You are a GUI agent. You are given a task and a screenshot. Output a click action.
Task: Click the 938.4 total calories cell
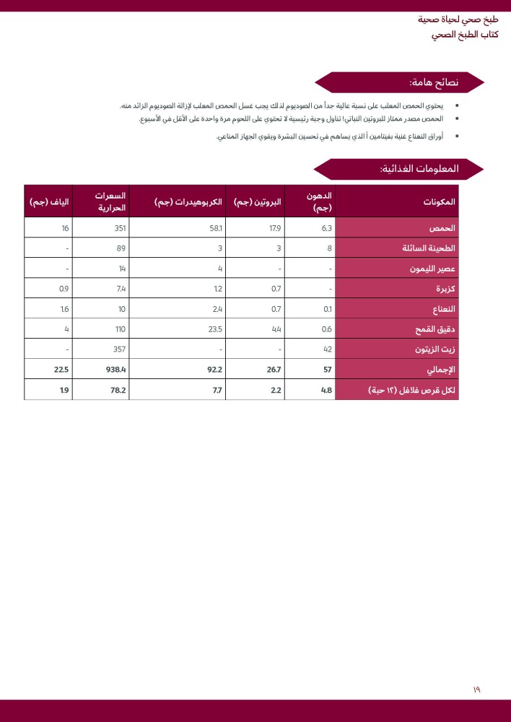tap(116, 370)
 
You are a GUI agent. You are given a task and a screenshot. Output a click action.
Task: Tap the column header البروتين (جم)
tap(258, 202)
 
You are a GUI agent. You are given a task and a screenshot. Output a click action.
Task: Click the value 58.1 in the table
tap(215, 228)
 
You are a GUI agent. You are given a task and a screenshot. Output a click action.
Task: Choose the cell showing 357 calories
tap(119, 349)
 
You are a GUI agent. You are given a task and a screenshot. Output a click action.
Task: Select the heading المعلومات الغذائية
tap(419, 169)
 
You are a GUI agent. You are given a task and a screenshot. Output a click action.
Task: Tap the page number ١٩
tap(476, 690)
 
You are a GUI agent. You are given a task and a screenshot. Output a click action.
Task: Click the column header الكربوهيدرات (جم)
tap(188, 202)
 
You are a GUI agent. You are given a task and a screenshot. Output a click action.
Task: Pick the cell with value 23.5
tap(214, 329)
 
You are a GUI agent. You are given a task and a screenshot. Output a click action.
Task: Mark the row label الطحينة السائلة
tap(429, 248)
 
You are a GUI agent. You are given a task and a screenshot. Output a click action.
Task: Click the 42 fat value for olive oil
tap(327, 349)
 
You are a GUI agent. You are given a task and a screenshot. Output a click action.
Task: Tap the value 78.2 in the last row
tap(118, 390)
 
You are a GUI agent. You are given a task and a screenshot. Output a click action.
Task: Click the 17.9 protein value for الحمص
tap(275, 228)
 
